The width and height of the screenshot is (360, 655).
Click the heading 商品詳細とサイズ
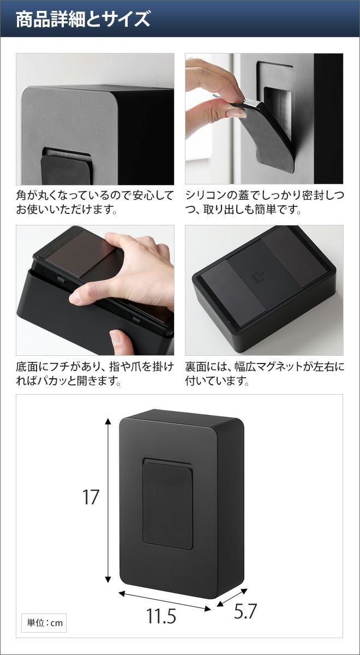pos(83,19)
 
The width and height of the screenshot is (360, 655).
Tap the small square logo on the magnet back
pos(257,277)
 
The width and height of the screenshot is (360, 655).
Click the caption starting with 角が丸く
pos(95,203)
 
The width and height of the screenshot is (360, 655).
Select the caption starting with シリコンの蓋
pos(264,203)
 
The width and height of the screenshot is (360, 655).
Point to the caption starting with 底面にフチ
pos(95,374)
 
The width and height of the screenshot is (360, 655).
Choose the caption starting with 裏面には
pos(264,374)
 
